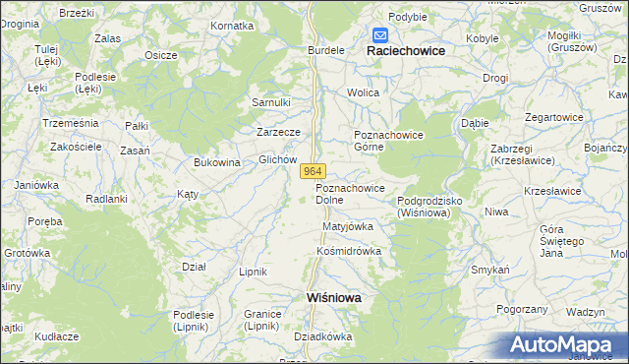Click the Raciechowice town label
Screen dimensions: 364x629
(406, 50)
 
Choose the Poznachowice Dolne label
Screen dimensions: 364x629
(350, 194)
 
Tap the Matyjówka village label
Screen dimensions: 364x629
(348, 226)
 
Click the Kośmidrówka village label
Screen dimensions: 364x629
(348, 251)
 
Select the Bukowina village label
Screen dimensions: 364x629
(217, 163)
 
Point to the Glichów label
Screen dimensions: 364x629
(277, 159)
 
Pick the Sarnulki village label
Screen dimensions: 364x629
(271, 102)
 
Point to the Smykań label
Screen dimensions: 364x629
(489, 270)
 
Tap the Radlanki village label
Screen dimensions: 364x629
(107, 199)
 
